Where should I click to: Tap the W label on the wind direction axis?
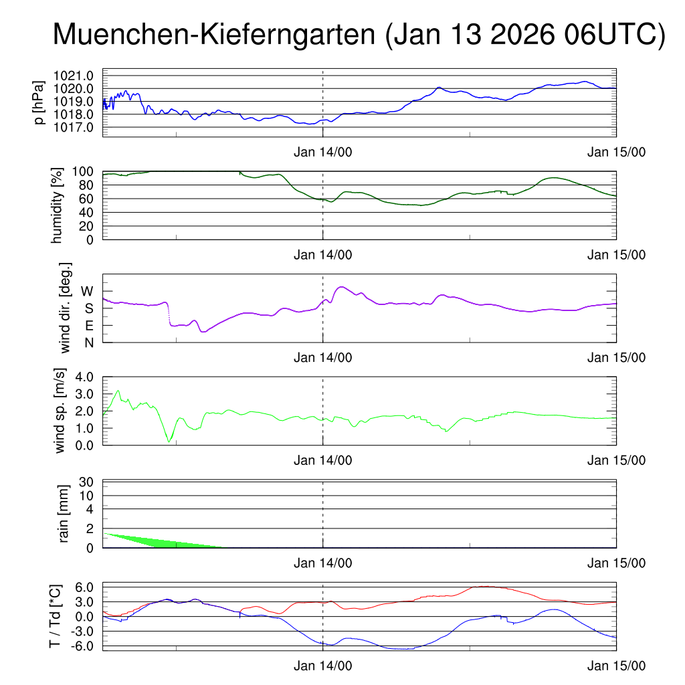(87, 291)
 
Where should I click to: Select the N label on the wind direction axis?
(88, 342)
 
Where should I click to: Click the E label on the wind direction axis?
(88, 326)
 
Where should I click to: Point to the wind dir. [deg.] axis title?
(65, 308)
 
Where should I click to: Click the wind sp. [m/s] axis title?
(60, 411)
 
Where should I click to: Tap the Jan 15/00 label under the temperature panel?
(616, 666)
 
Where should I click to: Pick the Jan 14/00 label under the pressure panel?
(322, 152)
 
